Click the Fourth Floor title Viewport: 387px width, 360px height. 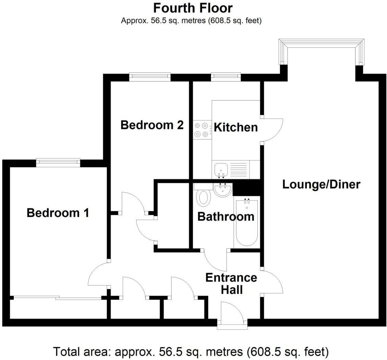[193, 8]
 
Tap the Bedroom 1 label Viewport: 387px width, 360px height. [58, 213]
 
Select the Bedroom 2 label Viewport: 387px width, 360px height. [152, 125]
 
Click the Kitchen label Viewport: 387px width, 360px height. [236, 127]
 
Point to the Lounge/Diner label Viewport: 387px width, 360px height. [321, 184]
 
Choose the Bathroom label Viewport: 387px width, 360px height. [226, 217]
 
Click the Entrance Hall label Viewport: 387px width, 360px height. [231, 283]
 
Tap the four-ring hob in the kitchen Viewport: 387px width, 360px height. [201, 130]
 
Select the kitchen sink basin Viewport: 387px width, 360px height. [221, 169]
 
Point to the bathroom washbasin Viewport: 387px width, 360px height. [223, 190]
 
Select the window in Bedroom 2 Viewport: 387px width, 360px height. [150, 77]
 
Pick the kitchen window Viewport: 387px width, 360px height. [225, 77]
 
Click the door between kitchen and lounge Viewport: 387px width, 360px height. [272, 130]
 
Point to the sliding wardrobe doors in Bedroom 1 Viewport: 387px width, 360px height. [57, 298]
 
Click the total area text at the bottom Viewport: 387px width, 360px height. [191, 351]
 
